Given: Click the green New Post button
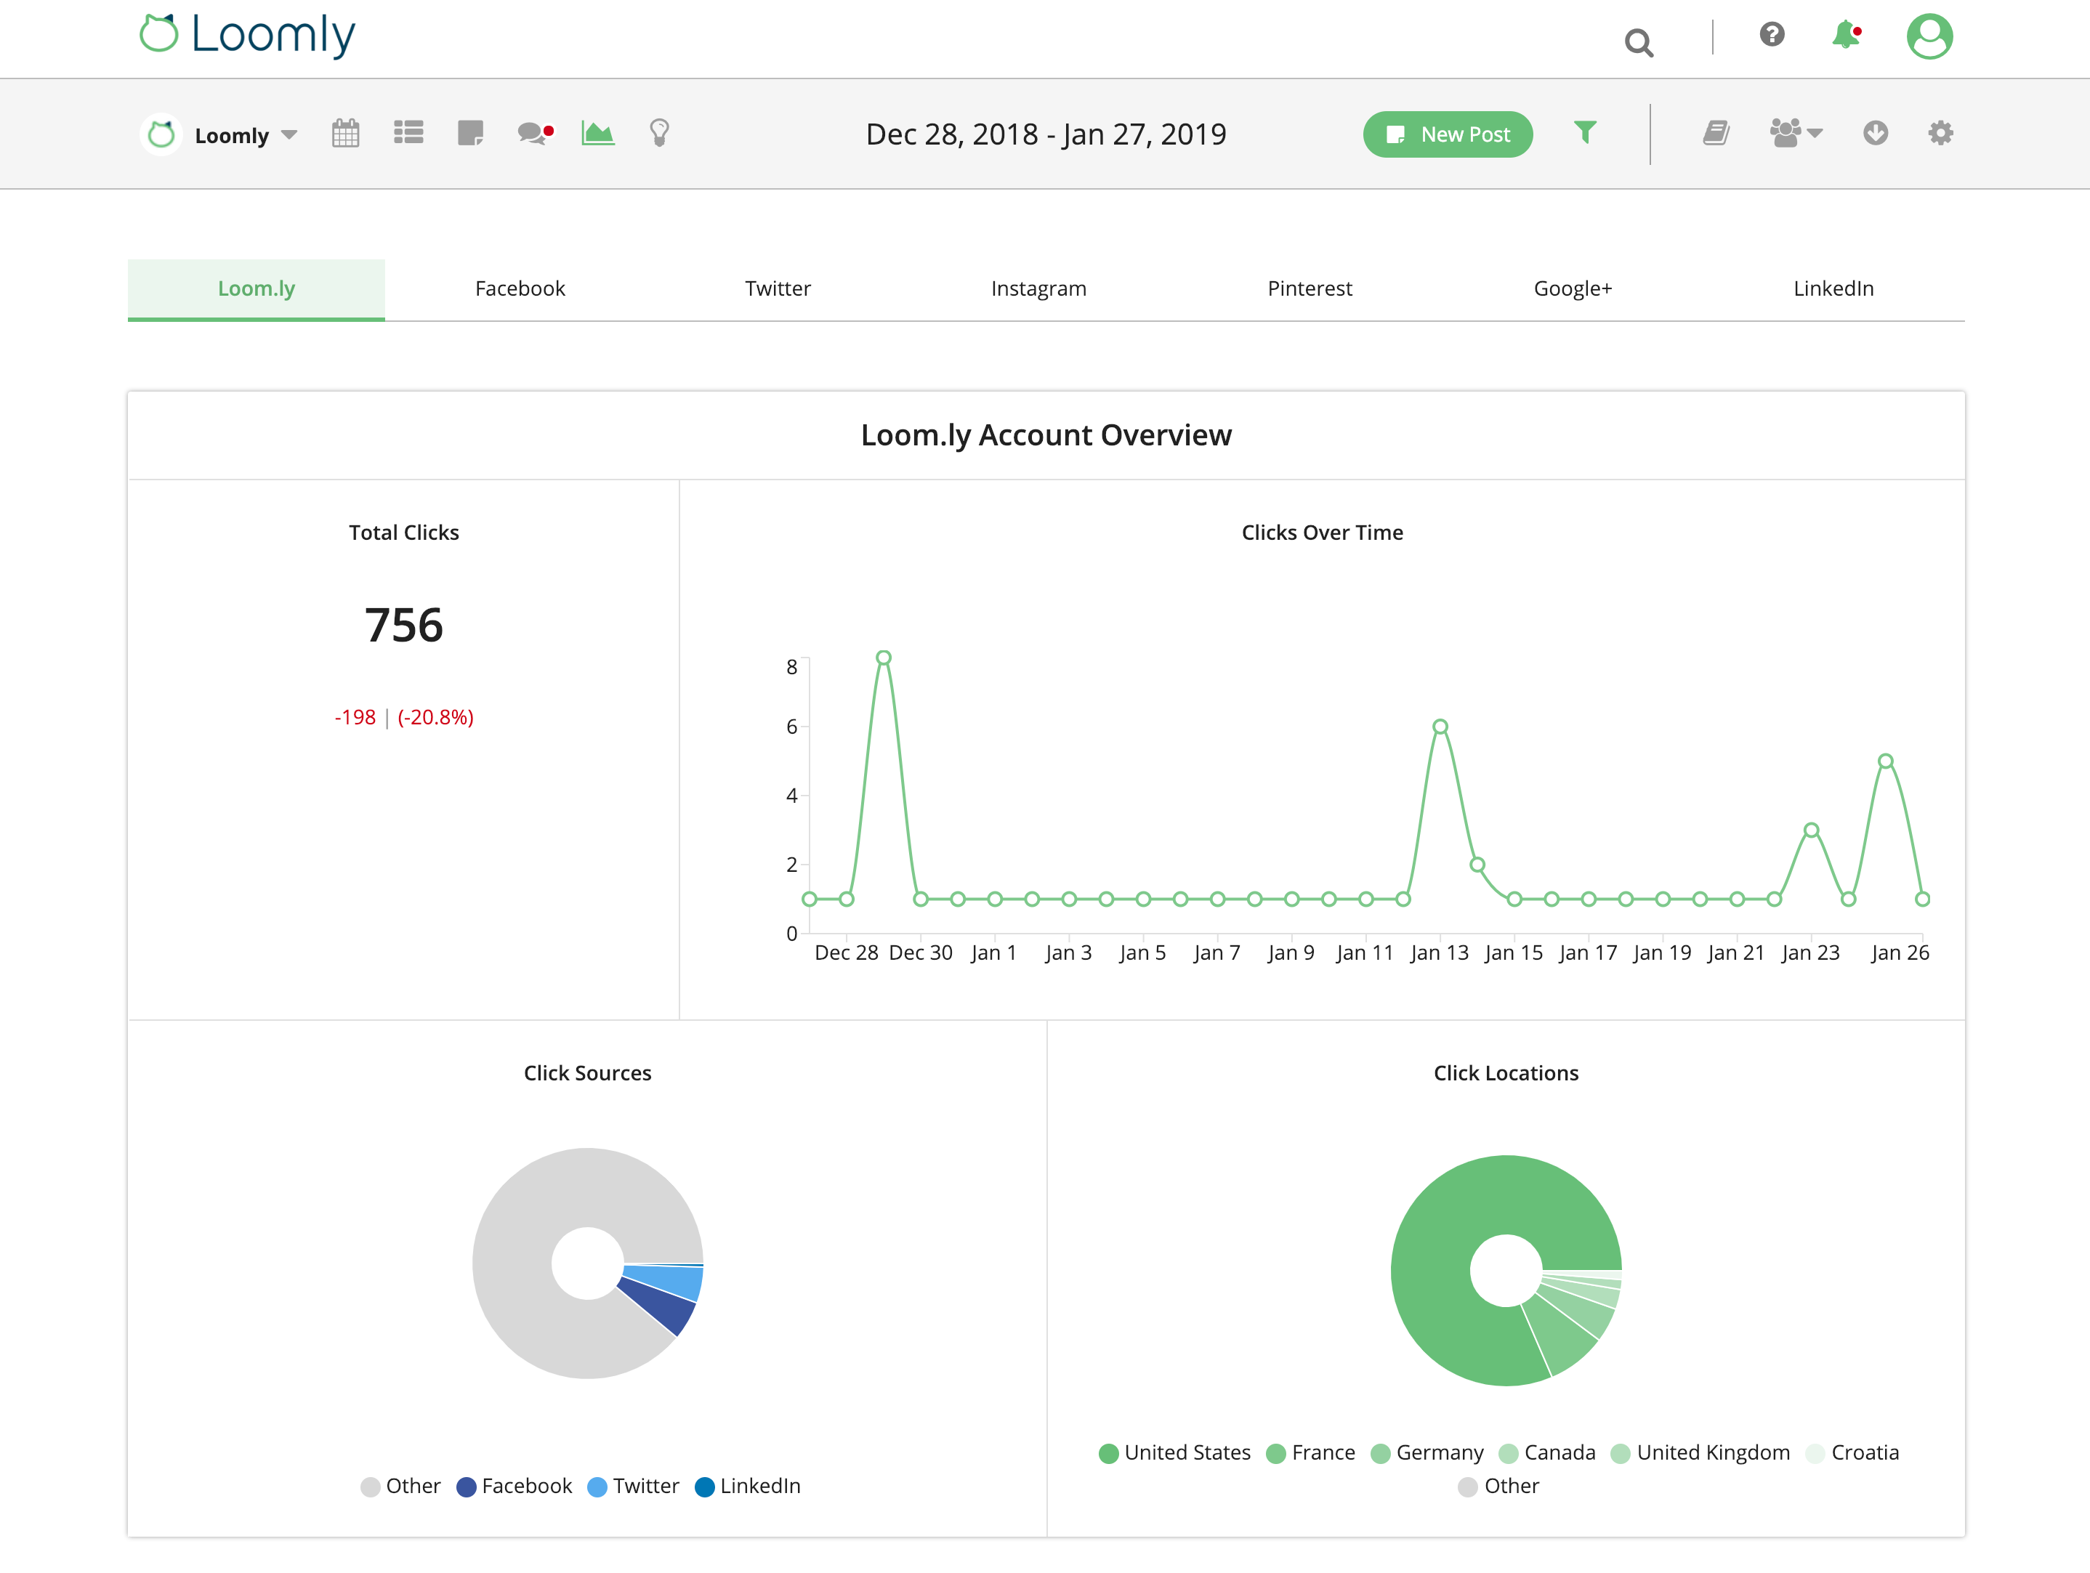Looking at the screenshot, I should [1447, 134].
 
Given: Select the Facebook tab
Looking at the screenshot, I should [520, 288].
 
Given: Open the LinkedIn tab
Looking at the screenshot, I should [1833, 288].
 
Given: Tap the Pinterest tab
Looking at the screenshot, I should [1310, 288].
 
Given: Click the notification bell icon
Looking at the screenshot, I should [1845, 36].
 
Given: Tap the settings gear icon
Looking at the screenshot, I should [1940, 133].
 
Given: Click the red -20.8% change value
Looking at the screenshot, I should [435, 717].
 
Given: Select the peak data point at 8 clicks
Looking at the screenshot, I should [884, 658].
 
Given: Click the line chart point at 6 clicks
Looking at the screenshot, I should [1440, 727].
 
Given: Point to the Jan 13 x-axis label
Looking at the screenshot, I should [1439, 953].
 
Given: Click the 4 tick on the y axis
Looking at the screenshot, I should [792, 796].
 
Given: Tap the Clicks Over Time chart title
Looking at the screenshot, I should [1322, 533].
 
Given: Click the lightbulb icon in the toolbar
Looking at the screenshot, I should [660, 133].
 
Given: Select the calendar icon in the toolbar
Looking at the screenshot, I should [346, 133].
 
